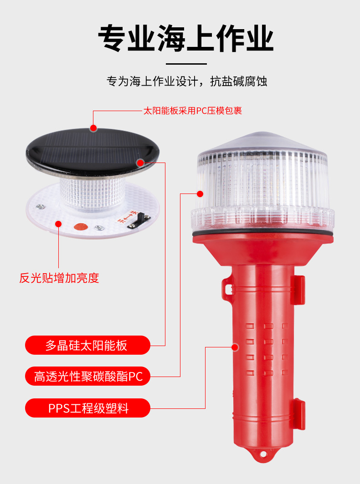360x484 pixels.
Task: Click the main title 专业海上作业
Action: [x=186, y=38]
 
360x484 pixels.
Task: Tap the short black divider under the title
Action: [x=186, y=64]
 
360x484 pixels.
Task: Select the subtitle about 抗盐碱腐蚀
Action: [x=186, y=82]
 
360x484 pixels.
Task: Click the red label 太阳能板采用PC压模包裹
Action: [x=192, y=111]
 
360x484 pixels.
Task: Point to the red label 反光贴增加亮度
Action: [x=59, y=278]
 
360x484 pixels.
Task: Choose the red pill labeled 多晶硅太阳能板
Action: [x=87, y=345]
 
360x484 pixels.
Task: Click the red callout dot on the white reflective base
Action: [x=58, y=223]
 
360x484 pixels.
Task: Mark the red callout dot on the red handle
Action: [x=235, y=347]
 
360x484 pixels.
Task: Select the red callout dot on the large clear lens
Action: [x=200, y=194]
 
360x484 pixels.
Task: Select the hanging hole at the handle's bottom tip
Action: [x=263, y=454]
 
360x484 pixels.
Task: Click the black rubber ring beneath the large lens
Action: [x=262, y=235]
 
